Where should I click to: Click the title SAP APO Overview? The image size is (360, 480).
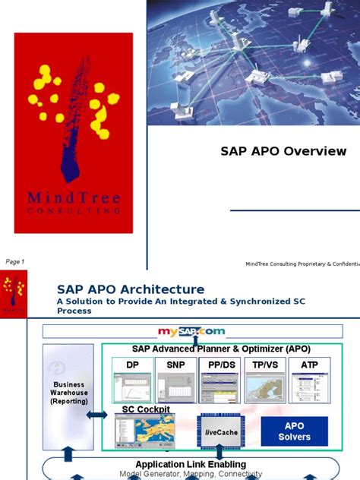[283, 151]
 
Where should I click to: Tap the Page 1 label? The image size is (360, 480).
[15, 261]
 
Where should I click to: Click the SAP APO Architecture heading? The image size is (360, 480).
[131, 289]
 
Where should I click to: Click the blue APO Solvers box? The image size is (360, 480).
[294, 431]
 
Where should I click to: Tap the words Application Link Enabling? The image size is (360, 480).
[191, 463]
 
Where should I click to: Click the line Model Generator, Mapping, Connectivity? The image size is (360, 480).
[191, 474]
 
